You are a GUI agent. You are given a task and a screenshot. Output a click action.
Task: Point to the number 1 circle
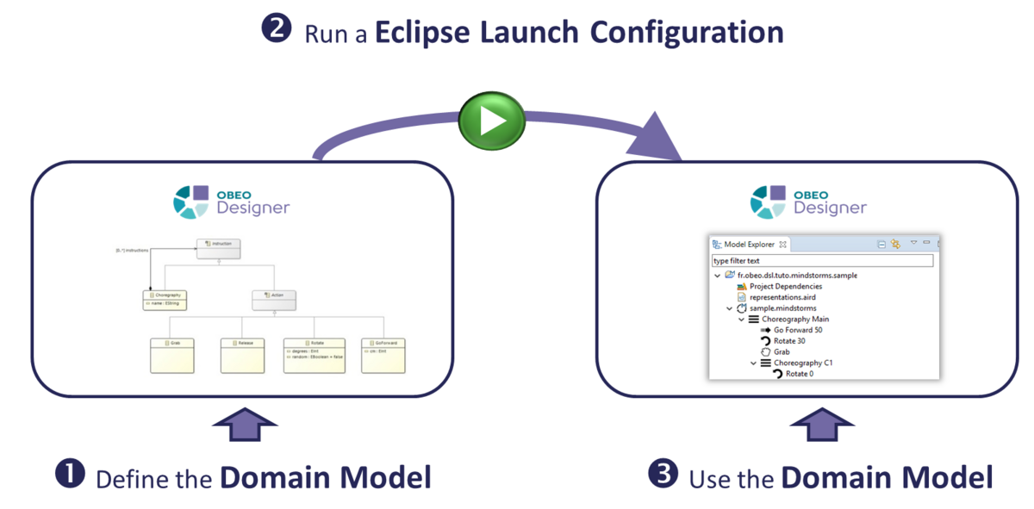[x=70, y=475]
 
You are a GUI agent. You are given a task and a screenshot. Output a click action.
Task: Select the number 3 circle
[x=662, y=475]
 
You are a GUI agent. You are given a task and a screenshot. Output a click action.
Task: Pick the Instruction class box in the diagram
[x=219, y=248]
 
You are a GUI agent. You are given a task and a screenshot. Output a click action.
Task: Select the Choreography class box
[x=165, y=299]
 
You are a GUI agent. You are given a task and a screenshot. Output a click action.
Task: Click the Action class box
[x=274, y=299]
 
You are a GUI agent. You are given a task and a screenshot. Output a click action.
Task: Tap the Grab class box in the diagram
[x=172, y=355]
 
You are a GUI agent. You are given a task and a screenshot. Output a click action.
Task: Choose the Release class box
[x=242, y=355]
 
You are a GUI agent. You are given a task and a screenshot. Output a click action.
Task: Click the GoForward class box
[x=383, y=355]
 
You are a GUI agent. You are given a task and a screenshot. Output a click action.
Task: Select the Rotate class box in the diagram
[x=314, y=355]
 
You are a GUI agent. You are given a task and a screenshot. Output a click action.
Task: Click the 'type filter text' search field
[x=822, y=260]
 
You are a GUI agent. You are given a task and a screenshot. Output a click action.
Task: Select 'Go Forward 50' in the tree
[x=797, y=330]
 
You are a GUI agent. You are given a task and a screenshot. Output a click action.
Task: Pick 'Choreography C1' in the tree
[x=802, y=363]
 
